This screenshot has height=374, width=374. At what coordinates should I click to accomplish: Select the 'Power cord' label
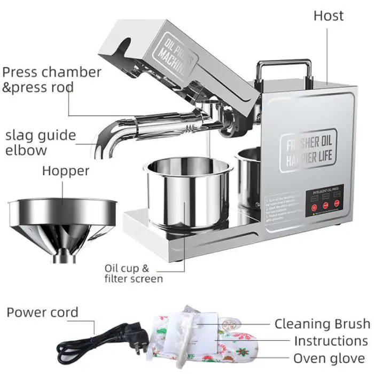pyautogui.click(x=42, y=313)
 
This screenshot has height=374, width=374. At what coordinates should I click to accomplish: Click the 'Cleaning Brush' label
pyautogui.click(x=322, y=324)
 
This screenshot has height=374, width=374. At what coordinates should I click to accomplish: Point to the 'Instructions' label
pyautogui.click(x=330, y=341)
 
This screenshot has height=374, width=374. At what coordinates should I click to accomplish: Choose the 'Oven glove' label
pyautogui.click(x=328, y=358)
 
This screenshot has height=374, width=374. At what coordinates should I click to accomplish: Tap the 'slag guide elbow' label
pyautogui.click(x=41, y=142)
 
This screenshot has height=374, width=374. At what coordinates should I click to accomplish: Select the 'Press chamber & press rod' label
pyautogui.click(x=51, y=79)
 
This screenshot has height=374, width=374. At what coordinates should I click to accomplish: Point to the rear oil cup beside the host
pyautogui.click(x=248, y=176)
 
